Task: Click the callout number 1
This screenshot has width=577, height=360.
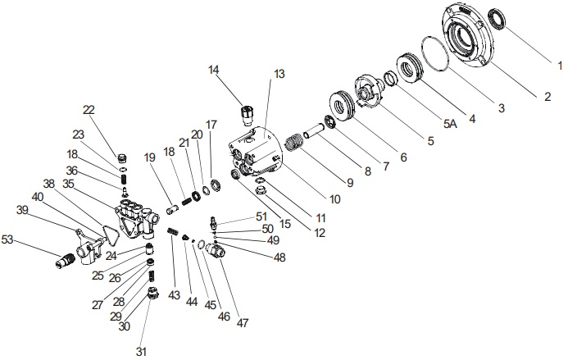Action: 561,64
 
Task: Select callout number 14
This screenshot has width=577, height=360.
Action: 214,71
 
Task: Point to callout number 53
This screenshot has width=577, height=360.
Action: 8,239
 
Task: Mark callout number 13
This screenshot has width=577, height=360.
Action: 279,74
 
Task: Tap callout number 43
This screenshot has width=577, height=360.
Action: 174,294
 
